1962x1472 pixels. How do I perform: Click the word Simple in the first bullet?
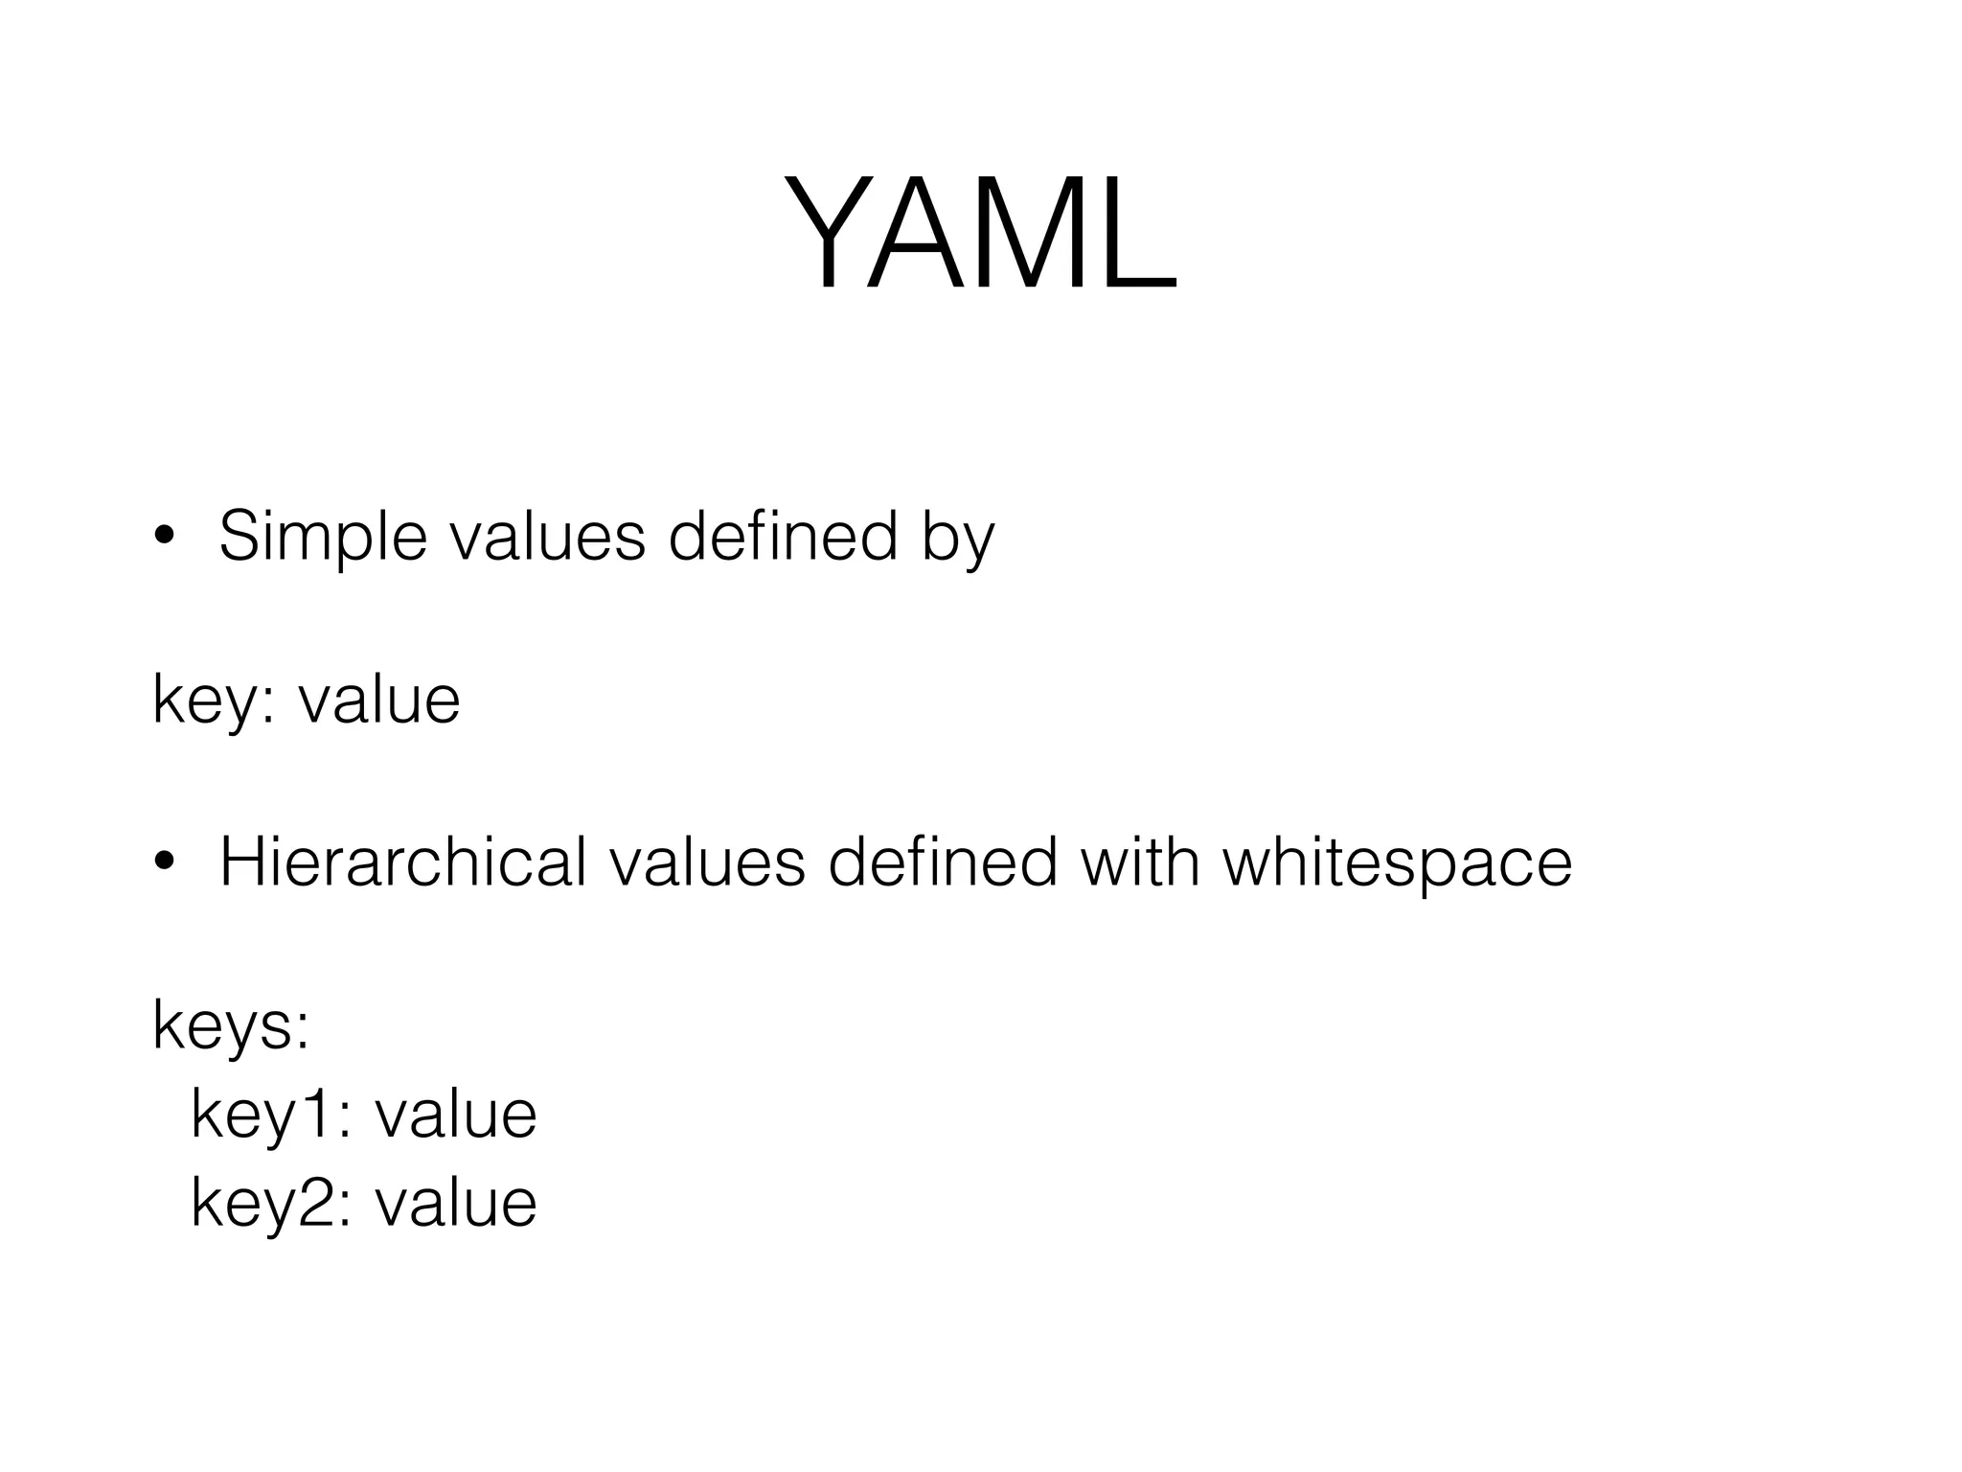[x=323, y=537]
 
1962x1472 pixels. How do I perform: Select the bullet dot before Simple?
[x=164, y=537]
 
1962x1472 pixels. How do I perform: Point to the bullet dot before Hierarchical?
[x=164, y=862]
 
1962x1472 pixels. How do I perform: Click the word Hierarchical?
[x=402, y=862]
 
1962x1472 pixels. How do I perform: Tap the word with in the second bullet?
[x=1140, y=862]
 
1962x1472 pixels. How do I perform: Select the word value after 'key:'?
[x=379, y=701]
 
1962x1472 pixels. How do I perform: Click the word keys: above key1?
[x=231, y=1026]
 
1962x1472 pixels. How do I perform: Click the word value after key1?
[x=456, y=1115]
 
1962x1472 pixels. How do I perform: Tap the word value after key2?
[x=456, y=1203]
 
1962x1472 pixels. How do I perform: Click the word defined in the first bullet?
[x=783, y=537]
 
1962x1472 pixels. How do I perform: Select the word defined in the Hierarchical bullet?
[x=944, y=862]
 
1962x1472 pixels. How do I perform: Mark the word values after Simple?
[x=548, y=537]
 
